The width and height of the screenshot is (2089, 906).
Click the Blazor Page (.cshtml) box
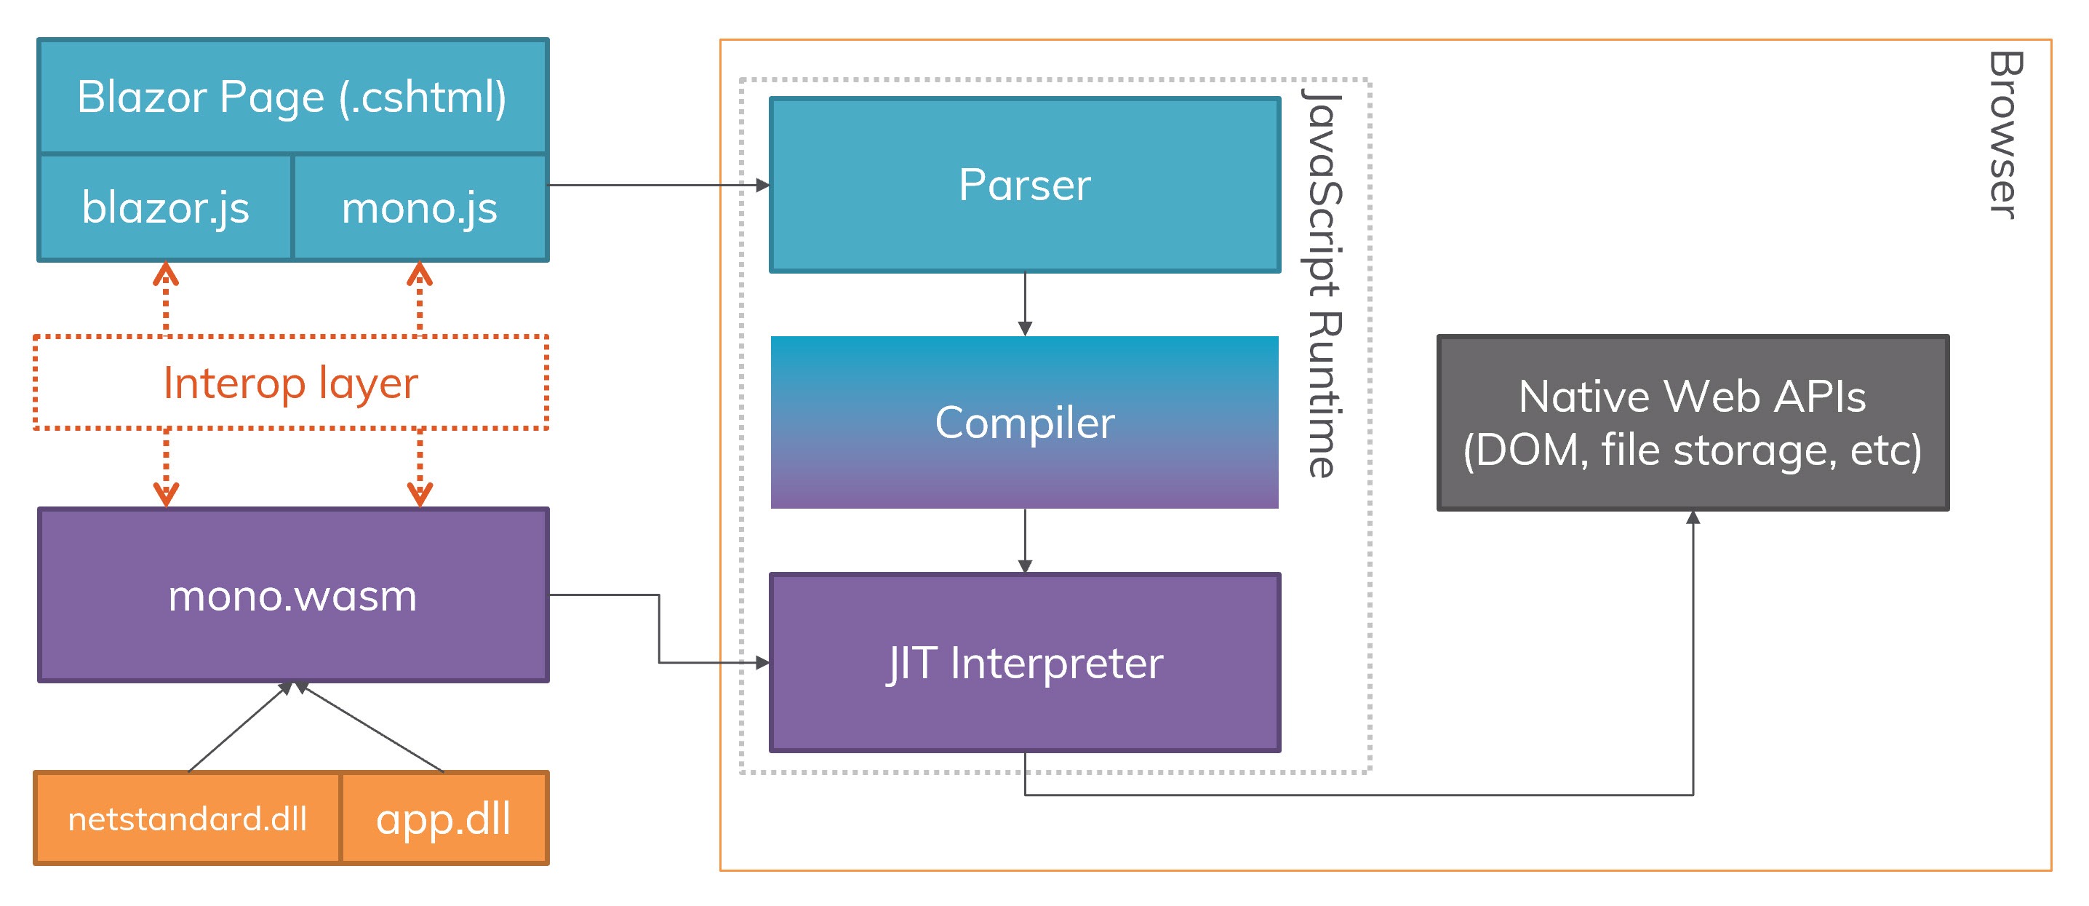pos(292,97)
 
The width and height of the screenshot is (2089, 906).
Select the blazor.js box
pos(165,207)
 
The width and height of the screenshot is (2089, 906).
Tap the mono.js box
pos(419,207)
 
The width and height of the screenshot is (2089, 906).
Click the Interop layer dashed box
pos(290,382)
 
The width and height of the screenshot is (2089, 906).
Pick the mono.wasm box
pos(292,595)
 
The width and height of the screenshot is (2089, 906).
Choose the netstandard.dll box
pos(188,819)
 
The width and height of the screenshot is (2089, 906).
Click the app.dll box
pos(444,819)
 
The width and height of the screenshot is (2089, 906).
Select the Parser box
pos(1024,185)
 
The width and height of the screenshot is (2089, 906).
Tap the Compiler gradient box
pos(1024,422)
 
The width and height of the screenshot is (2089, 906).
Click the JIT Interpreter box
pos(1024,663)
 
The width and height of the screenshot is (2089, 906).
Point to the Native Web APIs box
pos(1693,423)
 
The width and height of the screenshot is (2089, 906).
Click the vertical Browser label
pos(2005,135)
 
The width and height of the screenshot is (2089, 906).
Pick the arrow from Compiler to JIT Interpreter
pos(1025,540)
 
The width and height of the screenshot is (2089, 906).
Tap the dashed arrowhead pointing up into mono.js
pos(419,274)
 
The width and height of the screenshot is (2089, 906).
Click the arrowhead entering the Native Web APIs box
pos(1693,517)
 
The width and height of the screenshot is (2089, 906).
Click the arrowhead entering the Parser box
pos(762,185)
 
